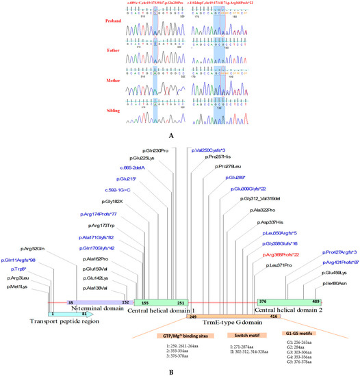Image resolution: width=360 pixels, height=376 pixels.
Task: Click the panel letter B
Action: (x=179, y=370)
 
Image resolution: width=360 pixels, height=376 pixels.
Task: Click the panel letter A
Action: (x=179, y=135)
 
